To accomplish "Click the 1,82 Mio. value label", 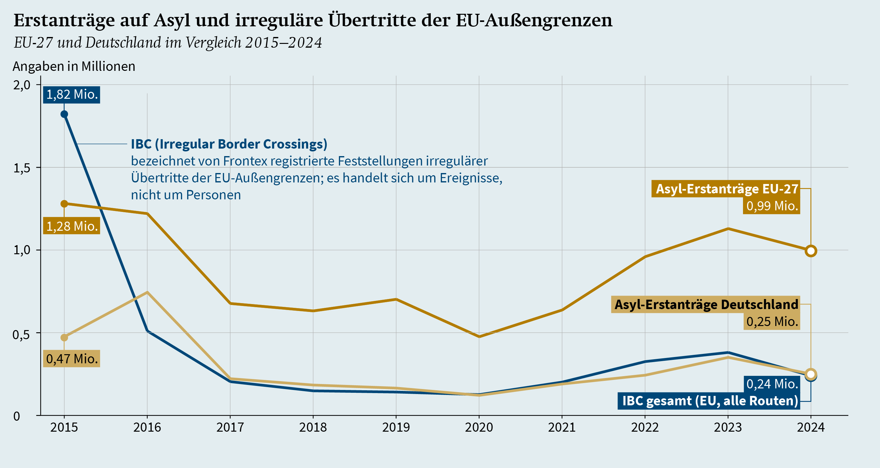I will pyautogui.click(x=72, y=95).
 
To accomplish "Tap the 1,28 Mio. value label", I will pyautogui.click(x=72, y=226).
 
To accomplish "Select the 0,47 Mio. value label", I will pyautogui.click(x=72, y=359).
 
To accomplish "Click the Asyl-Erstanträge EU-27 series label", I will pyautogui.click(x=726, y=189).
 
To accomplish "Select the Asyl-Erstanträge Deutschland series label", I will pyautogui.click(x=706, y=304).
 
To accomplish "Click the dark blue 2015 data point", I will pyautogui.click(x=64, y=114).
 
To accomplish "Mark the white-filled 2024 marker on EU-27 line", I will pyautogui.click(x=811, y=251).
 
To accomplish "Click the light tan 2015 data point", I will pyautogui.click(x=64, y=338).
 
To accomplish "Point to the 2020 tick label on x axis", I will pyautogui.click(x=479, y=427).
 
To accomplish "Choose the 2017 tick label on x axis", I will pyautogui.click(x=230, y=427).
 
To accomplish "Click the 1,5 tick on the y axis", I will pyautogui.click(x=22, y=168).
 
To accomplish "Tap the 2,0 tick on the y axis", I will pyautogui.click(x=22, y=85).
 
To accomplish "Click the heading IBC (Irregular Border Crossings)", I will pyautogui.click(x=229, y=144).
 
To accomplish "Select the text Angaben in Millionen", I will pyautogui.click(x=74, y=66).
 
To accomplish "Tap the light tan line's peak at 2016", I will pyautogui.click(x=147, y=292).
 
